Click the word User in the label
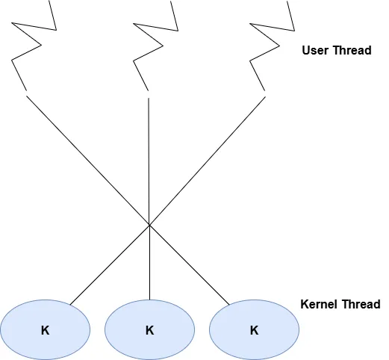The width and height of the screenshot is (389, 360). point(315,51)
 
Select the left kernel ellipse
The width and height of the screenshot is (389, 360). point(46,329)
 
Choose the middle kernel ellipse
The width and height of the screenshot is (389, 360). point(150,329)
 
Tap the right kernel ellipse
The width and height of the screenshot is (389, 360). point(255,329)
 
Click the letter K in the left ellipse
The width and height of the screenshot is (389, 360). point(46,329)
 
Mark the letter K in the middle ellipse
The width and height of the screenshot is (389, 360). point(150,329)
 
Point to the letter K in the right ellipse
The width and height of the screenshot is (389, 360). point(255,329)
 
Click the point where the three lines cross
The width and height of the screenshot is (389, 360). point(149,224)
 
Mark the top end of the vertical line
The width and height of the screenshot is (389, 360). point(149,97)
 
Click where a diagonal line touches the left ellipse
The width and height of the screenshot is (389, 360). point(70,305)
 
